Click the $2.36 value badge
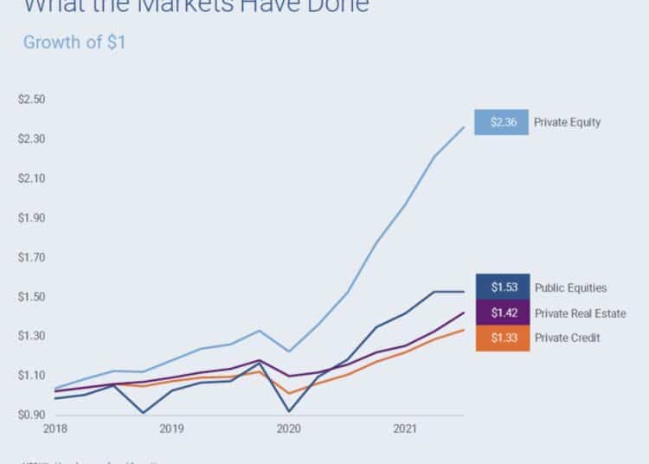(503, 122)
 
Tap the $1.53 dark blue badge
(503, 287)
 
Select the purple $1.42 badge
(503, 313)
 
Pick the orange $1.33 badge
(503, 338)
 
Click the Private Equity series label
(567, 122)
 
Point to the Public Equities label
(570, 287)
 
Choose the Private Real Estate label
(580, 313)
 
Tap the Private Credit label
(567, 338)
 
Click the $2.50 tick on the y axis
(31, 99)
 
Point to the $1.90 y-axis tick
(31, 217)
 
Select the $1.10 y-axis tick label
(31, 375)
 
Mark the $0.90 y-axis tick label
(31, 415)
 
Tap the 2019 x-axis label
(171, 429)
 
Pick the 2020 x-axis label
(288, 429)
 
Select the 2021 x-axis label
(406, 429)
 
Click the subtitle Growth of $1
(74, 42)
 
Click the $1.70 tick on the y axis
(31, 257)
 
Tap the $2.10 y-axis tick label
(31, 178)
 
